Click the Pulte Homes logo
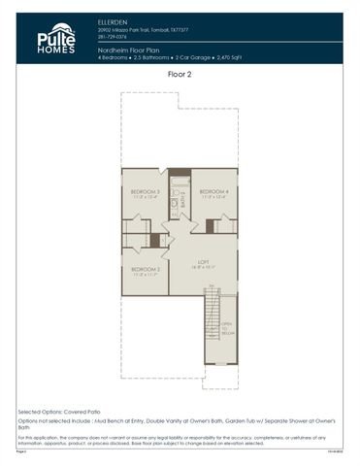pos(56,39)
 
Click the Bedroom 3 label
pos(144,191)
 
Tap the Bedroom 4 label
pos(213,191)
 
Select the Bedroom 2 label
pos(145,269)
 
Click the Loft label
pos(203,261)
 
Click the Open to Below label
pos(226,329)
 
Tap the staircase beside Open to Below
pos(211,325)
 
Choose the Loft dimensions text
pos(203,267)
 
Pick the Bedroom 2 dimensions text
pos(145,275)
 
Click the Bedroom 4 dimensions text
pos(213,197)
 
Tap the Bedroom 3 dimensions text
pos(144,197)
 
